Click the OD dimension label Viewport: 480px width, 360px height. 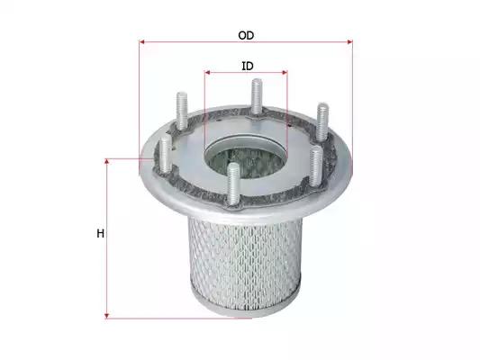(x=246, y=35)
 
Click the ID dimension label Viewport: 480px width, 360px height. (x=248, y=66)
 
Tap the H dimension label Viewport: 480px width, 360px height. (x=100, y=234)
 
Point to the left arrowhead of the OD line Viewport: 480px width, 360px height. (x=141, y=41)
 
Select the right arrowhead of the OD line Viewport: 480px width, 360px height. (x=350, y=41)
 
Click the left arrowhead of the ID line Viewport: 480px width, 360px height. (x=207, y=73)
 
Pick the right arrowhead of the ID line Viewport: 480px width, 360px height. (x=285, y=73)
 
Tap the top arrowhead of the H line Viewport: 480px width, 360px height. (x=107, y=161)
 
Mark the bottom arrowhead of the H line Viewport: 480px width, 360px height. (x=107, y=316)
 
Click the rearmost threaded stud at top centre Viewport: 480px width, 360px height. (x=257, y=96)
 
